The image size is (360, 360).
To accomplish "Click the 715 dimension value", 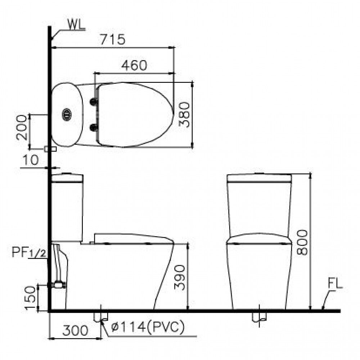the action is pyautogui.click(x=113, y=40).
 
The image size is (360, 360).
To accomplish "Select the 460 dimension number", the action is pyautogui.click(x=134, y=65).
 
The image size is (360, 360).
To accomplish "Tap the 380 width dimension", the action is pyautogui.click(x=184, y=114).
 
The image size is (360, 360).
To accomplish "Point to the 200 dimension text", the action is pyautogui.click(x=22, y=127).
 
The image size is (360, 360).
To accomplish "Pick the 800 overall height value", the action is pyautogui.click(x=302, y=242).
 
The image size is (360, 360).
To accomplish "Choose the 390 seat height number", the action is pyautogui.click(x=179, y=278).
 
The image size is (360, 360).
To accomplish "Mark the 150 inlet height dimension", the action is pyautogui.click(x=31, y=298).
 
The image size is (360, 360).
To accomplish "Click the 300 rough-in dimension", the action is pyautogui.click(x=75, y=330).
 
